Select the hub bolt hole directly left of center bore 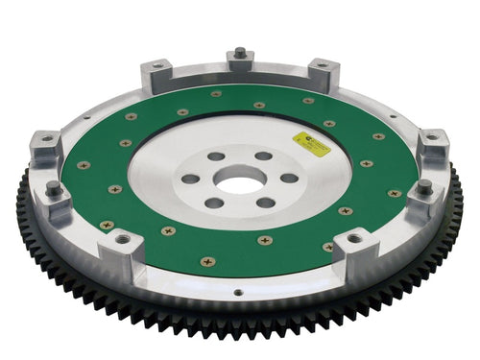[x=191, y=179]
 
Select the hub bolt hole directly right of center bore [x=288, y=178]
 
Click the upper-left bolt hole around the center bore [x=215, y=156]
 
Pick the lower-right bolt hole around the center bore [x=266, y=202]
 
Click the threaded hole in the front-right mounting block [x=354, y=238]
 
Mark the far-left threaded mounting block [x=44, y=139]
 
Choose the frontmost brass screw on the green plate [x=205, y=261]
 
